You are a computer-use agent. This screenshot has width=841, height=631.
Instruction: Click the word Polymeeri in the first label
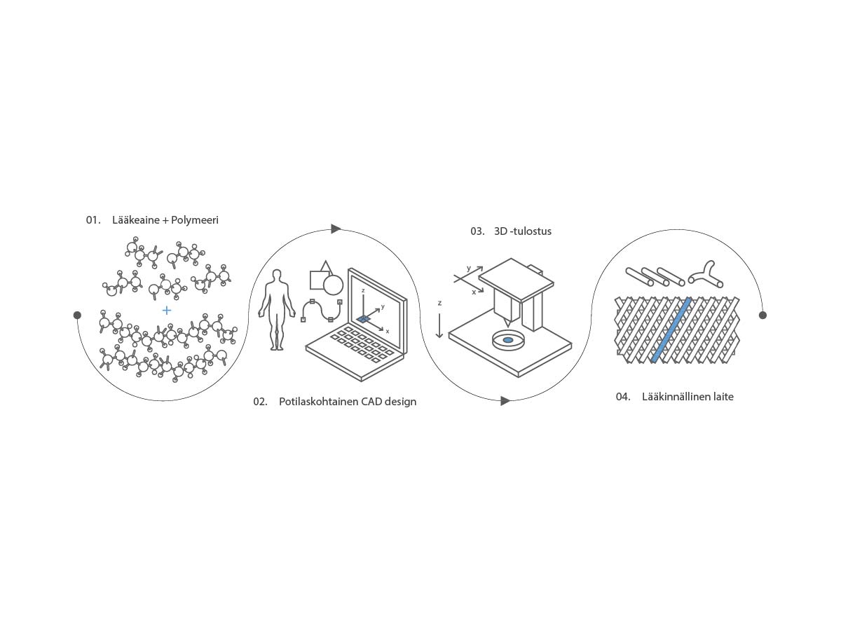(x=195, y=221)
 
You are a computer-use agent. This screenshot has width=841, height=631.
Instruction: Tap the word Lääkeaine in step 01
(x=136, y=220)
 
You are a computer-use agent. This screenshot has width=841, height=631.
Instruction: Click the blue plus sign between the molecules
(x=167, y=310)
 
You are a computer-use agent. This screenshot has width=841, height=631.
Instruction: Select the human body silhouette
(x=277, y=310)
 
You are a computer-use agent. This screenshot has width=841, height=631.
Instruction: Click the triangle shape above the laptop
(x=326, y=267)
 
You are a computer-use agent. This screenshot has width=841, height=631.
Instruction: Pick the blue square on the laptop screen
(x=364, y=318)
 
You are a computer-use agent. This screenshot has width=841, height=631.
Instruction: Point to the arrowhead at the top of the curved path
(x=336, y=229)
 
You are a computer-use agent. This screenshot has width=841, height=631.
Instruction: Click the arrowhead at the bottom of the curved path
(x=505, y=401)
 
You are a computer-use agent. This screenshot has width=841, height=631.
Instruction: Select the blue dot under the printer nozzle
(x=508, y=340)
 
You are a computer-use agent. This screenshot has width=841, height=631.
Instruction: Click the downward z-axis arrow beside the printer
(x=439, y=325)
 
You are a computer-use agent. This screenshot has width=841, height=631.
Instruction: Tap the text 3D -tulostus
(x=523, y=231)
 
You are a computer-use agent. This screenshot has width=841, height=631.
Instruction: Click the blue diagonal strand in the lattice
(x=671, y=330)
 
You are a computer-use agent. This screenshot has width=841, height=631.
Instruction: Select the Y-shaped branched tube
(x=706, y=275)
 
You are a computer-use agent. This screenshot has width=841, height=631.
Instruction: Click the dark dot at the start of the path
(x=77, y=315)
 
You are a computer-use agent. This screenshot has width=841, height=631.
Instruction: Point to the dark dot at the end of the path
(x=763, y=315)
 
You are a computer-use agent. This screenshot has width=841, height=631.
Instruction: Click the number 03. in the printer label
(x=477, y=231)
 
